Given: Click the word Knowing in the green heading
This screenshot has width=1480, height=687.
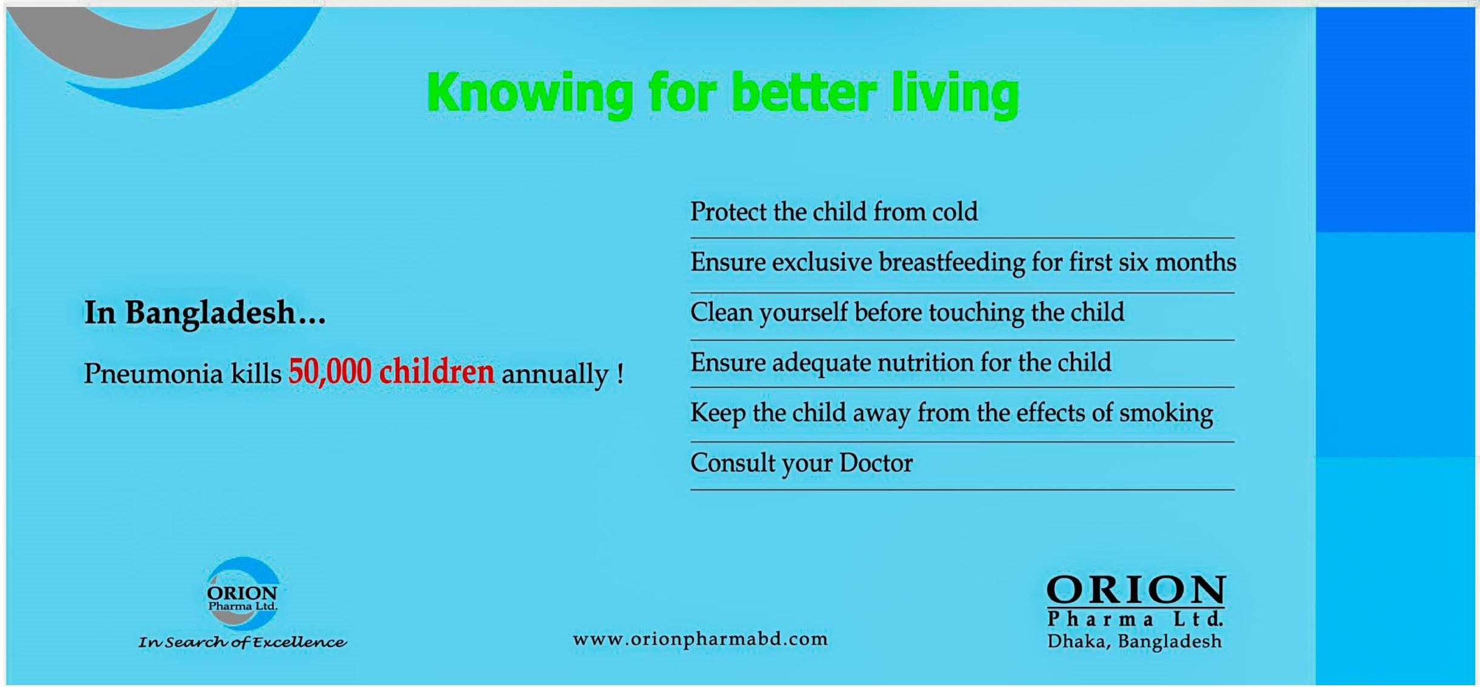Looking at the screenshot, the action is [x=530, y=94].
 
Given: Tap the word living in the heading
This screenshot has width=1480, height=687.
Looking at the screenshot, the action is [x=955, y=94].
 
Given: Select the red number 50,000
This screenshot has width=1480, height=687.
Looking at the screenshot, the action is [x=330, y=371].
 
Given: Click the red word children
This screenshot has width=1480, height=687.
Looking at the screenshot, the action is [x=436, y=371].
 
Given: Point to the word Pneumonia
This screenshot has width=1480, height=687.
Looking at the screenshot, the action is [x=153, y=373].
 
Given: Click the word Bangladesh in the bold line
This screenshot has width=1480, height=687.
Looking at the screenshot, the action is [x=210, y=313].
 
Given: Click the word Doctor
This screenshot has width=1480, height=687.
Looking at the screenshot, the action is [x=876, y=463].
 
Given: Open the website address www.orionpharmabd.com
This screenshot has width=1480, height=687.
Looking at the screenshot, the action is [x=700, y=639].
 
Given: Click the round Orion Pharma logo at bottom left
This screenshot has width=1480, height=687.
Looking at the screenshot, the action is [x=242, y=594].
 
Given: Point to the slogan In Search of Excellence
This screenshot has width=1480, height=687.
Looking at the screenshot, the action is [x=242, y=642].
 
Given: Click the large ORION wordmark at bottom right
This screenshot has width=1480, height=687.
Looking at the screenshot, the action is [x=1136, y=590].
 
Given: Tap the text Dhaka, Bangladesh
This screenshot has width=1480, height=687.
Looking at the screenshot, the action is [x=1135, y=642].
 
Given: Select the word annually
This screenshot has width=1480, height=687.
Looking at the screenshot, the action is [x=555, y=374].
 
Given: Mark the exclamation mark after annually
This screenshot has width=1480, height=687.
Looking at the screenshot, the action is [x=619, y=373].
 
